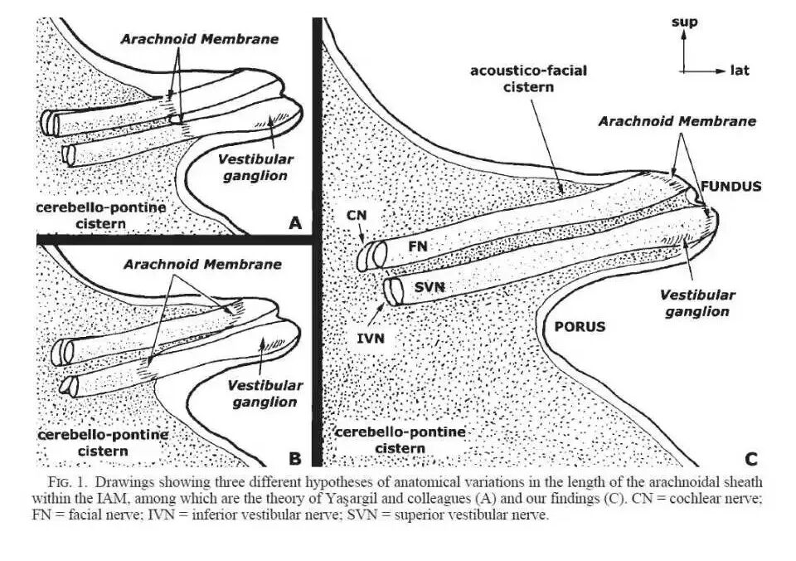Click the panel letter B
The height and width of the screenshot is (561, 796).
pos(294,456)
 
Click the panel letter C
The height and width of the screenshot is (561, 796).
pos(751,457)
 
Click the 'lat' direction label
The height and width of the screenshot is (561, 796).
pos(740,71)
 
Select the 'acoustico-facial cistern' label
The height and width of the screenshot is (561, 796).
pos(528,79)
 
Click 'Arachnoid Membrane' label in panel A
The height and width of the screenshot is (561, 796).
pos(199,38)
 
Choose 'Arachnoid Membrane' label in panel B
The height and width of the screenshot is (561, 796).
pos(202,264)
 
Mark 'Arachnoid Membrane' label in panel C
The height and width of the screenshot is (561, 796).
pos(677,121)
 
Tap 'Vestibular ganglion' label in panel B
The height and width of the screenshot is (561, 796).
pos(263,394)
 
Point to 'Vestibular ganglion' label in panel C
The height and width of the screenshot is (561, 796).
pos(697,303)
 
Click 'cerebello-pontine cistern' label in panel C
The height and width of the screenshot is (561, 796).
pos(400,440)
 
